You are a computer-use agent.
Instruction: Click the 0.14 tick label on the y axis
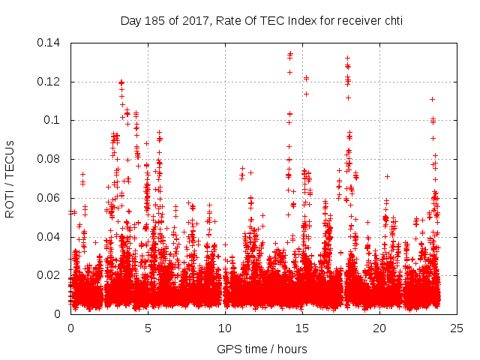51,43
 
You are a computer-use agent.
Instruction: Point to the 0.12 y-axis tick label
51,82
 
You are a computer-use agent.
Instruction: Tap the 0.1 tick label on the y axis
54,120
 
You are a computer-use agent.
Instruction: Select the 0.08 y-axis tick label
51,159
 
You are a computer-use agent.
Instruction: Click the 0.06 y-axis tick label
51,198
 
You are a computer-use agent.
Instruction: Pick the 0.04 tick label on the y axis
51,237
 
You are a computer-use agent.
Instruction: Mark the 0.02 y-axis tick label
51,275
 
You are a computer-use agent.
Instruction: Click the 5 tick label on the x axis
148,328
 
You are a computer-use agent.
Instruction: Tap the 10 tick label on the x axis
225,328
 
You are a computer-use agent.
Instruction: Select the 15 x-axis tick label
302,328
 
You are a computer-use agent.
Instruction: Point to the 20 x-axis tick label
379,328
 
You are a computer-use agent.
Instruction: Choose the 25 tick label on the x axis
457,328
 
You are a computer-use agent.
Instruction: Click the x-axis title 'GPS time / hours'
262,349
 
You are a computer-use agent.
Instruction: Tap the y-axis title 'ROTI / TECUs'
10,178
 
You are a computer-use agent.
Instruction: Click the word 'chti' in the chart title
391,20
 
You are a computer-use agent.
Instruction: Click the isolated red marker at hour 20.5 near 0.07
388,177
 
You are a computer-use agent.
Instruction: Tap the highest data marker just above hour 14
290,54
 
